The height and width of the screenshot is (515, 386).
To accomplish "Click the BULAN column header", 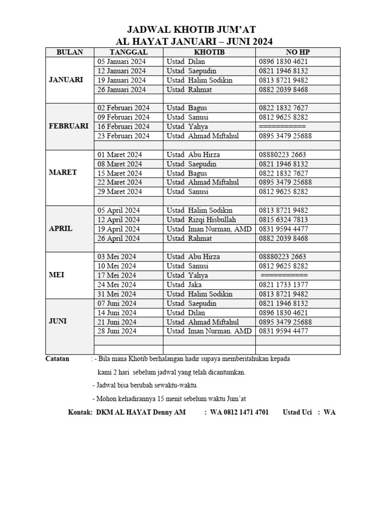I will click(x=70, y=52).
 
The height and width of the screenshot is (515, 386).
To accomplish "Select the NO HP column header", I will click(x=298, y=52).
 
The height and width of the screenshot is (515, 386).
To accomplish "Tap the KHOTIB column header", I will click(x=209, y=52).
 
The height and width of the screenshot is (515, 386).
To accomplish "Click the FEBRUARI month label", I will click(x=69, y=126).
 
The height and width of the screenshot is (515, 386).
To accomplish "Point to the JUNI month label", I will click(x=58, y=321).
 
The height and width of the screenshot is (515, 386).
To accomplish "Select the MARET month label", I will click(x=63, y=173).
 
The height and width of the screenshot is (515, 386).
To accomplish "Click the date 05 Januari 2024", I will click(x=122, y=62).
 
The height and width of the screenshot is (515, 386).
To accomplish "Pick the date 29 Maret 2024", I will click(x=120, y=192).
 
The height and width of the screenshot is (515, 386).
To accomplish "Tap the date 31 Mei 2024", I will click(x=117, y=294).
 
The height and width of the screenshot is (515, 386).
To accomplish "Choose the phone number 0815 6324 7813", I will click(x=283, y=220).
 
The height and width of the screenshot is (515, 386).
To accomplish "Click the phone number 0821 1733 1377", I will click(x=283, y=285).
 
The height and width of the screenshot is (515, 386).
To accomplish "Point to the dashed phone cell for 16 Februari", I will click(x=282, y=127).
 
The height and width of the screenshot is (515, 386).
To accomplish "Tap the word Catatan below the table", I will click(x=57, y=359).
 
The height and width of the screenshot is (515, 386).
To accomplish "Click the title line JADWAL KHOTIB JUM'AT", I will click(x=194, y=30).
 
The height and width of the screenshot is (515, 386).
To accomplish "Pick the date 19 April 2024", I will click(x=119, y=229).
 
